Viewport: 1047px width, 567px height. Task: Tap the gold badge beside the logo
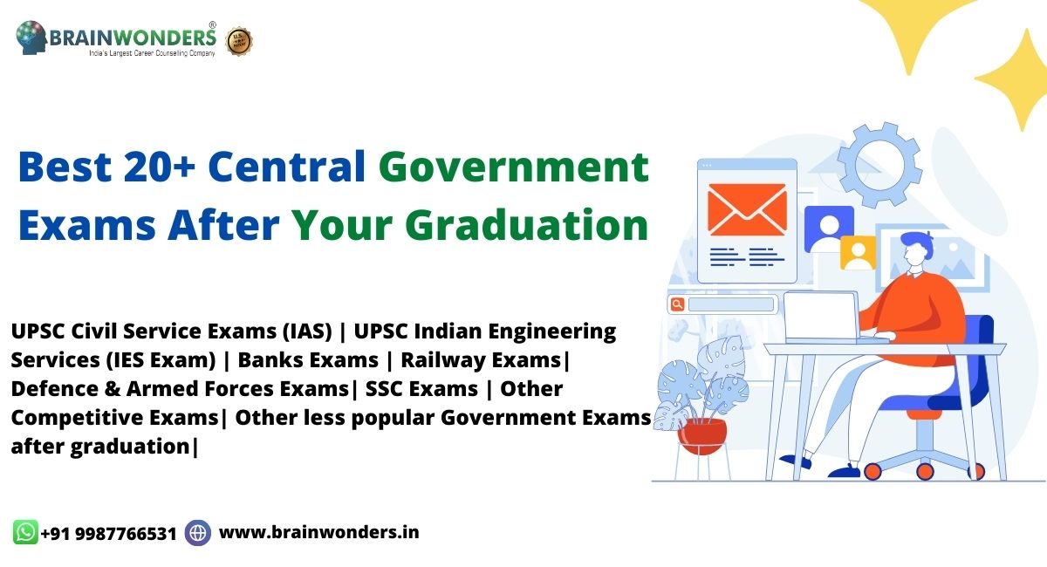239,41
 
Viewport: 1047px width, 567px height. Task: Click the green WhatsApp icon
25,532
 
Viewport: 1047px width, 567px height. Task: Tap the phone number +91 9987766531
108,533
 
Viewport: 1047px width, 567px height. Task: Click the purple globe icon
198,532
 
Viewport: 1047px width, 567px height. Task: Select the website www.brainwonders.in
318,531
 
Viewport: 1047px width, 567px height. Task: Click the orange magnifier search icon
676,304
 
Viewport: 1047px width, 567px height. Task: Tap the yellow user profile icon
858,253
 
